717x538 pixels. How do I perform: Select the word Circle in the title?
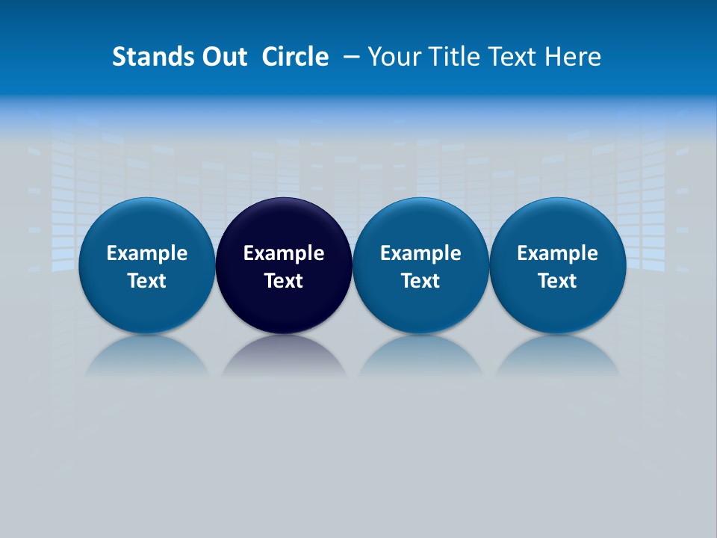point(295,57)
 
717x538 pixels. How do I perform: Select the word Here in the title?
point(573,57)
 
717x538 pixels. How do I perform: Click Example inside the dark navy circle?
point(284,253)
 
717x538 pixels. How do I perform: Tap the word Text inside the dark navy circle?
point(284,281)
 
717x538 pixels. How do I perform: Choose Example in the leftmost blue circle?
point(147,253)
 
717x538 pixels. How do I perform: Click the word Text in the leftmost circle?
point(147,281)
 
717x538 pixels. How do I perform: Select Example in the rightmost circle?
point(557,253)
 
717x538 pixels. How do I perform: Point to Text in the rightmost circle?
point(557,281)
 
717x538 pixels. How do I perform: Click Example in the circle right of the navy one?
point(420,253)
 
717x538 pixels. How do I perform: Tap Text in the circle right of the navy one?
point(420,281)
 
